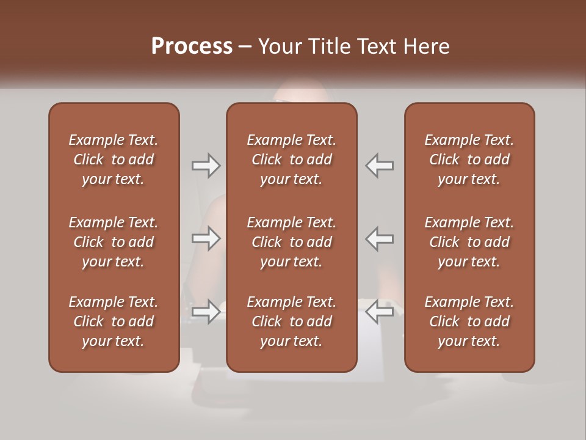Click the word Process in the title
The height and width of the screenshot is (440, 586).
pyautogui.click(x=192, y=46)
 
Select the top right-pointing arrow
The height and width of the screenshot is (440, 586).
pyautogui.click(x=206, y=166)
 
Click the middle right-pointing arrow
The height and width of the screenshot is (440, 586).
pyautogui.click(x=206, y=238)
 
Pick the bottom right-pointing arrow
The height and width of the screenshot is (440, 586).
pyautogui.click(x=206, y=312)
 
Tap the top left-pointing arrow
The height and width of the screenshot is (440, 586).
pyautogui.click(x=380, y=166)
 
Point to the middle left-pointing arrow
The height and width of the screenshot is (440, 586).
pyautogui.click(x=380, y=238)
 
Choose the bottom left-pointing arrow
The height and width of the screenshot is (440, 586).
pyautogui.click(x=380, y=312)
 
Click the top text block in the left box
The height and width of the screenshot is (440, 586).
pyautogui.click(x=114, y=159)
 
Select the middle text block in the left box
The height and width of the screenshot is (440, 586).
pyautogui.click(x=114, y=242)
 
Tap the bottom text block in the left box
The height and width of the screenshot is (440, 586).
pyautogui.click(x=114, y=321)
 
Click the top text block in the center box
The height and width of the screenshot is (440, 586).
pyautogui.click(x=292, y=159)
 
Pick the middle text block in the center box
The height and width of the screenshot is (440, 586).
pyautogui.click(x=292, y=242)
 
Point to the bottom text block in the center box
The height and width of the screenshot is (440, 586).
pyautogui.click(x=292, y=321)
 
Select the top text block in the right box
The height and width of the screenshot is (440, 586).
pyautogui.click(x=469, y=159)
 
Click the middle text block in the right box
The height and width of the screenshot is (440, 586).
pyautogui.click(x=469, y=242)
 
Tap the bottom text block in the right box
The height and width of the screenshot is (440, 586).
pyautogui.click(x=469, y=321)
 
